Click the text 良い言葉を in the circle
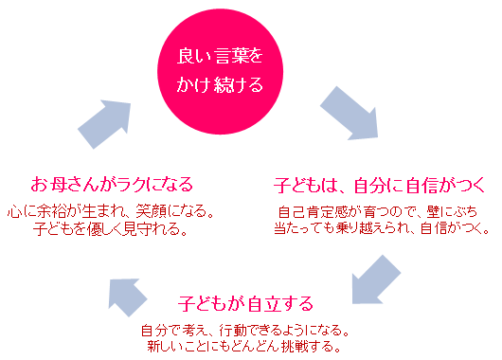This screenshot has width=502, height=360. pos(220,56)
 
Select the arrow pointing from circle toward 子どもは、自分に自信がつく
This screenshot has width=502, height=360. pos(340,113)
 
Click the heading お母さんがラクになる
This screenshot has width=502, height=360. pos(113,182)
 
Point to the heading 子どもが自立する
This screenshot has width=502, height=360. pos(245,305)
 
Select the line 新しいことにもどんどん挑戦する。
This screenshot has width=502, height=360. pos(243,347)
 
